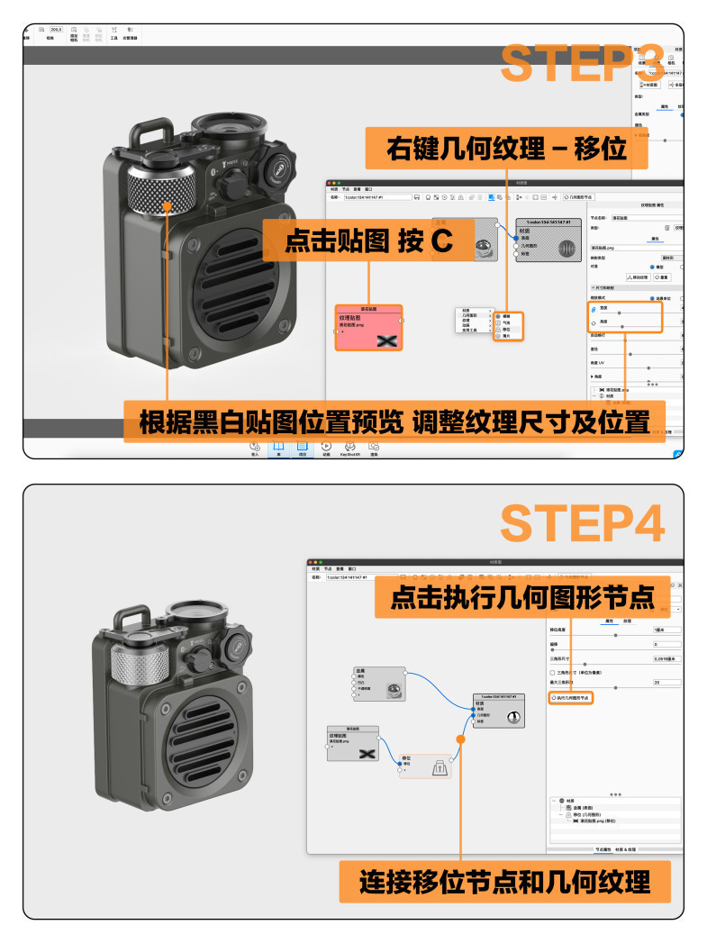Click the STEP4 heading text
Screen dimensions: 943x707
tap(582, 522)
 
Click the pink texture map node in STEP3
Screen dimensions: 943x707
tap(367, 326)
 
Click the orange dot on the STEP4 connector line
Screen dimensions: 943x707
tap(460, 739)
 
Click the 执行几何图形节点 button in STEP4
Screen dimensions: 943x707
tap(571, 698)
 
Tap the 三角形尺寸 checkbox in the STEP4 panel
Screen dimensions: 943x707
tap(553, 672)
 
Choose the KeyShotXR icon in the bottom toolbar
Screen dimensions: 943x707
tap(349, 448)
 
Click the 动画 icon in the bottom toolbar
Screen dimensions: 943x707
tap(326, 448)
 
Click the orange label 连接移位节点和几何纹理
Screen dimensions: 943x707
tap(504, 881)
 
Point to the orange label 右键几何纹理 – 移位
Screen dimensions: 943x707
tap(506, 148)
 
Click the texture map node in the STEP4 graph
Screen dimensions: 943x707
tap(352, 743)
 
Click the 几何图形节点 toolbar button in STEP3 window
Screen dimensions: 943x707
tap(577, 195)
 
